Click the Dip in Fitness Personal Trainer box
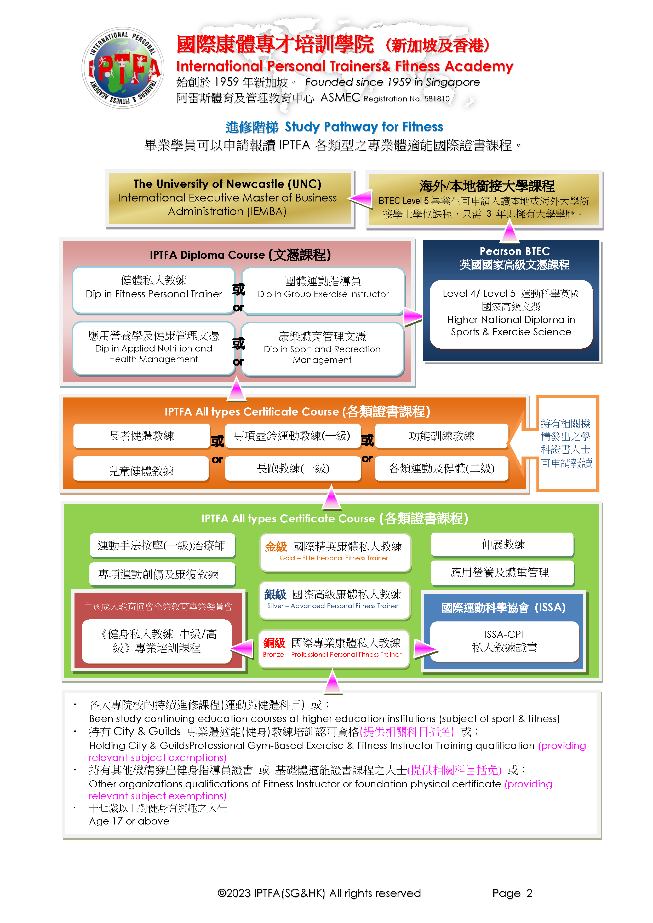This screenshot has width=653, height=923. click(154, 290)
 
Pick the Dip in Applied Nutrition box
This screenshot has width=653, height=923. click(154, 348)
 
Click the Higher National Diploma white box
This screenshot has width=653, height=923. click(511, 314)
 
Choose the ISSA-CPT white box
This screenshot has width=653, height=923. click(505, 641)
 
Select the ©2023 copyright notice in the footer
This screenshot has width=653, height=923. click(319, 893)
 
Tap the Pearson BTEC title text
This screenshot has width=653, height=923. click(515, 251)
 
